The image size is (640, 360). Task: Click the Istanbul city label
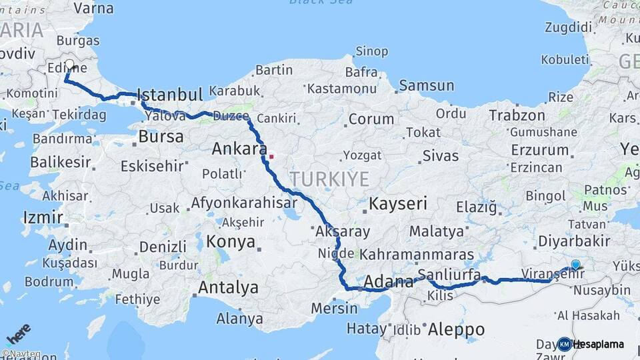pos(169,94)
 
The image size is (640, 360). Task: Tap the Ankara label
pos(239,148)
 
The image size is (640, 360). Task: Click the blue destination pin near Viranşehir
pos(575,265)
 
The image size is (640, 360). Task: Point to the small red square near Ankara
pos(271,157)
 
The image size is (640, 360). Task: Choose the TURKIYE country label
pos(329,179)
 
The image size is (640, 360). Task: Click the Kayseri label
pos(397,203)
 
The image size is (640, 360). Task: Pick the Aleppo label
pos(456,329)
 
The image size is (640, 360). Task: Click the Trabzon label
pos(517,115)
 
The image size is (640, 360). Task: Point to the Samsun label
pos(427,85)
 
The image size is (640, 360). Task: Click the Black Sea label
pos(312,2)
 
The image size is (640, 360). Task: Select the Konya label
pos(231,241)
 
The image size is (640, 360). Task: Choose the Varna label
pos(93,8)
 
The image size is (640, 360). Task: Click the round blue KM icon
pos(564,344)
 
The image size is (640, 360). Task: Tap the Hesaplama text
pos(599,344)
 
